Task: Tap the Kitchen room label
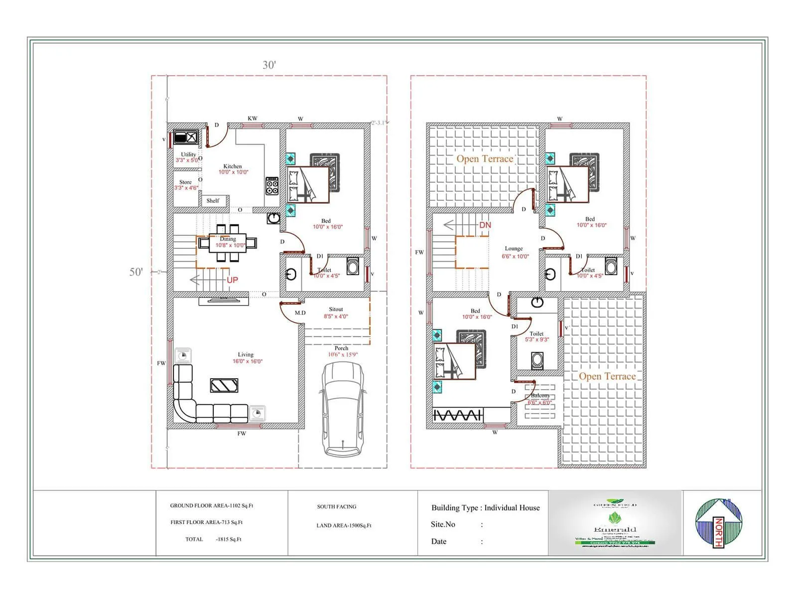(232, 166)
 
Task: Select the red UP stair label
(232, 280)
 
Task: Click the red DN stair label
(485, 225)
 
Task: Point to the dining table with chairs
(228, 243)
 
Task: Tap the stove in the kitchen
(272, 186)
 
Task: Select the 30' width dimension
(269, 65)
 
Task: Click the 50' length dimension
(136, 272)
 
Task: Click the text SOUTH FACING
(337, 506)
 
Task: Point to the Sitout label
(336, 309)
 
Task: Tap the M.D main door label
(300, 313)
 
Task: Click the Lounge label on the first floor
(514, 248)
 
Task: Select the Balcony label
(540, 395)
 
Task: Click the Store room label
(185, 182)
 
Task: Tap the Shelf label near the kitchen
(213, 201)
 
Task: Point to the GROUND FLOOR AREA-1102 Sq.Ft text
(212, 505)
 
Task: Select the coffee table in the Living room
(224, 385)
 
